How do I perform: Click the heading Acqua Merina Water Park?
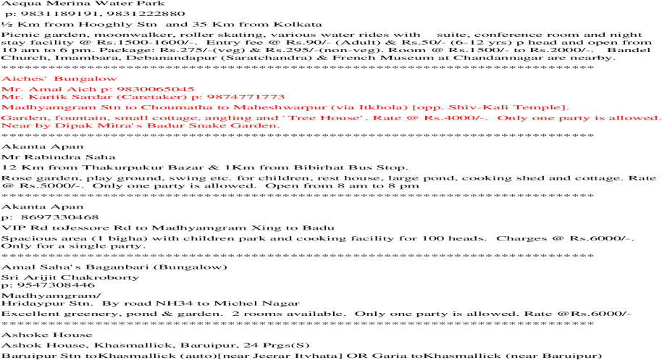pyautogui.click(x=83, y=4)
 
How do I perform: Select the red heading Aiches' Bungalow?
pyautogui.click(x=59, y=78)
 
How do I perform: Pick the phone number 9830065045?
pyautogui.click(x=156, y=89)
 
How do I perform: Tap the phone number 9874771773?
pyautogui.click(x=246, y=97)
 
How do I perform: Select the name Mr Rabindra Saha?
pyautogui.click(x=58, y=157)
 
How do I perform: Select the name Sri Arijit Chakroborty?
pyautogui.click(x=70, y=277)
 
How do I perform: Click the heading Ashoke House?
pyautogui.click(x=47, y=335)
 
